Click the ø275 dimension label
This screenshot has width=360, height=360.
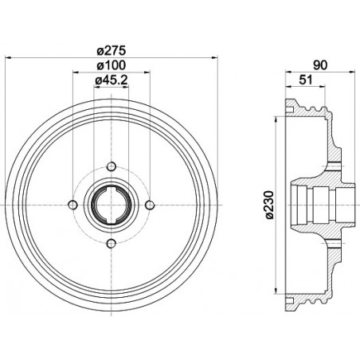(x=111, y=50)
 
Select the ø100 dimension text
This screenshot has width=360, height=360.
(x=111, y=65)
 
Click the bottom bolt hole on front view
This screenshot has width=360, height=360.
(x=111, y=244)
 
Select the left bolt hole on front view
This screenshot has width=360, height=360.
(x=72, y=205)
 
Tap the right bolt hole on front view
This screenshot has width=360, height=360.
(x=150, y=205)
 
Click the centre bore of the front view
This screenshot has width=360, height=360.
(x=111, y=205)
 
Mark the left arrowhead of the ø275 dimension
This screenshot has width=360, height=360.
(x=8, y=57)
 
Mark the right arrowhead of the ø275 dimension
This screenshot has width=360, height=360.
(x=213, y=57)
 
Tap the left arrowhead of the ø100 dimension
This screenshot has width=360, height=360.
(x=75, y=72)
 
